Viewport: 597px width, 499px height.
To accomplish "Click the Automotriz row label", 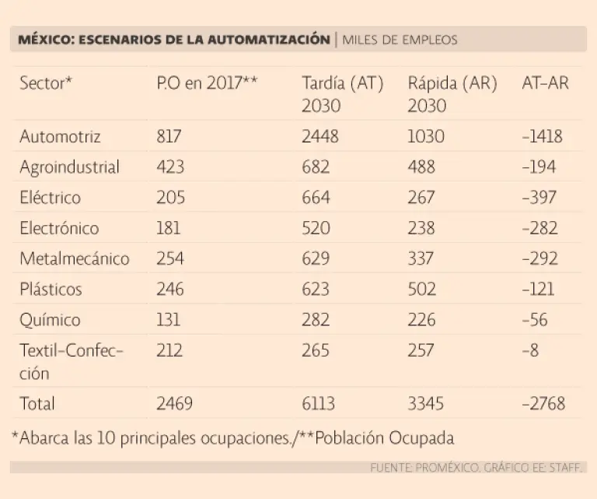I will coord(60,137).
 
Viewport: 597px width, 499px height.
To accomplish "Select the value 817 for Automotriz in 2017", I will coord(169,137).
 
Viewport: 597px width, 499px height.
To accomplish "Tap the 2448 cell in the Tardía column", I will coord(319,137).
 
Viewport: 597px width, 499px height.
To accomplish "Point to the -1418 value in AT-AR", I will coord(543,137).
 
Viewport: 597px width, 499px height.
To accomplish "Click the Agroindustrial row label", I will coord(69,167).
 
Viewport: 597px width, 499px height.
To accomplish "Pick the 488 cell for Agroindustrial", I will coord(421,167).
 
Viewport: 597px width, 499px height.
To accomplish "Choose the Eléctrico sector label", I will coord(50,198).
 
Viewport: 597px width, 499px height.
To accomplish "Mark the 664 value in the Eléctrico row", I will coord(316,198).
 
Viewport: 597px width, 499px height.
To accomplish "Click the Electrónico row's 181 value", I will coord(168,228).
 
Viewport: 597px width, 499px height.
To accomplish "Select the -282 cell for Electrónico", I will coord(539,228).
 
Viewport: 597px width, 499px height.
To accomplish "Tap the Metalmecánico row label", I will coord(74,258).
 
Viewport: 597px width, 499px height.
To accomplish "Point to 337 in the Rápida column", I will coord(421,258).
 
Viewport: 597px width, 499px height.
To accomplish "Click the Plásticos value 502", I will coord(422,289).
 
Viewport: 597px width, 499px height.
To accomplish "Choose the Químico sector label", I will coord(50,320).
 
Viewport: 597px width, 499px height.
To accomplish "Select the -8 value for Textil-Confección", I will coord(530,350).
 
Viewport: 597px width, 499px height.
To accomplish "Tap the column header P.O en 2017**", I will coord(207,84).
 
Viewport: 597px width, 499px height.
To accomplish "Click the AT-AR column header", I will coord(545,84).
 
